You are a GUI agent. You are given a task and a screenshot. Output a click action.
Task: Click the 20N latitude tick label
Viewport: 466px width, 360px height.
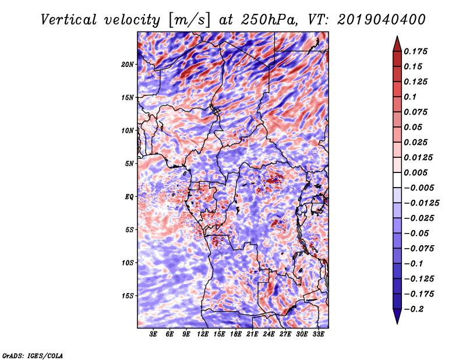click(x=128, y=64)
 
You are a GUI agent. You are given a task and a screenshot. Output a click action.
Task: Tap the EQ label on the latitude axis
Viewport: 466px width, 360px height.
click(x=129, y=196)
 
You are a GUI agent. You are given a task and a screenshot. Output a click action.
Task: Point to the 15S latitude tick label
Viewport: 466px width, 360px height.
click(x=128, y=295)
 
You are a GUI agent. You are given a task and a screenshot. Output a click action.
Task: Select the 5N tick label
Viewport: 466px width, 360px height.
click(x=129, y=163)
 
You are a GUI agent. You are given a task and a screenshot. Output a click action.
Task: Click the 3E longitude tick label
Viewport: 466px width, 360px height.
click(x=154, y=334)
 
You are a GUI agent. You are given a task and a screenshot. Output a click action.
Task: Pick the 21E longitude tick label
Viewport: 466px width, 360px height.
click(x=252, y=334)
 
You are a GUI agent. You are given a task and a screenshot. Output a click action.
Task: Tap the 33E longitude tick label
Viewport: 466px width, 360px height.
click(x=318, y=334)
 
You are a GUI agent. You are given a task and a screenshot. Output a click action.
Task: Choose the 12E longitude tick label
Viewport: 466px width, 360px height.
click(x=203, y=334)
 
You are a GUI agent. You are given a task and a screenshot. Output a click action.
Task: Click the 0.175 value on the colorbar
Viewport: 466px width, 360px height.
click(x=417, y=52)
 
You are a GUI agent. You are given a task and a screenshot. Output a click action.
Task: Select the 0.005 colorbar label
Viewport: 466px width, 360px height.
click(x=417, y=173)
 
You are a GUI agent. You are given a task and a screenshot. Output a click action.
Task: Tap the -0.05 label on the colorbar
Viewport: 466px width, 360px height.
click(x=416, y=234)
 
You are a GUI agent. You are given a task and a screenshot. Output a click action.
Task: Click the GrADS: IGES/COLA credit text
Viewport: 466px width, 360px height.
click(x=32, y=355)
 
